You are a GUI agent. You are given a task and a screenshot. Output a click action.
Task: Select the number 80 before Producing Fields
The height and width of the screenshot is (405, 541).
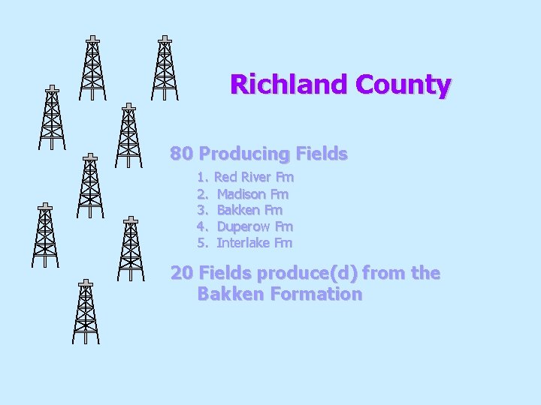coord(182,154)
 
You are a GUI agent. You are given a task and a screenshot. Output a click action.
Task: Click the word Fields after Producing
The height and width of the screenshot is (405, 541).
coord(322,154)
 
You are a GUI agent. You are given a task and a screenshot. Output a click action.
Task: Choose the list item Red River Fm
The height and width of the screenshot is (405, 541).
coord(254,178)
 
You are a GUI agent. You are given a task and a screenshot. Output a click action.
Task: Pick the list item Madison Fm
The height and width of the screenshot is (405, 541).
coord(252,194)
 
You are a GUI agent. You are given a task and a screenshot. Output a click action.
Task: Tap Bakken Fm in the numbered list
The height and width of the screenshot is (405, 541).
coord(249,210)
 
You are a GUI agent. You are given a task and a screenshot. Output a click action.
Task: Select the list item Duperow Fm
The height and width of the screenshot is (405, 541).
coord(255,226)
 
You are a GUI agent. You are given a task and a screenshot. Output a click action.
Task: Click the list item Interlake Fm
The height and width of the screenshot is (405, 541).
coord(255,243)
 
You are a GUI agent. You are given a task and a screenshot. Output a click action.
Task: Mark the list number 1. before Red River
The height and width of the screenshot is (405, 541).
coord(202,178)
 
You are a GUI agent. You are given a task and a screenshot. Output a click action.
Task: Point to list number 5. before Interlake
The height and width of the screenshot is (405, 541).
coord(202,243)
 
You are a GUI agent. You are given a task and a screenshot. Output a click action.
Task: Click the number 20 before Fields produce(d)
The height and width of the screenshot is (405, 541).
coord(182,273)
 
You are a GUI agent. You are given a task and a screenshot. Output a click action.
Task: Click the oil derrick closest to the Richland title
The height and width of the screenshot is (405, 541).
coord(165,67)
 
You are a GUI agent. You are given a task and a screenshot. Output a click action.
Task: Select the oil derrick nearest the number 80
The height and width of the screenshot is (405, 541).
coord(129,135)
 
